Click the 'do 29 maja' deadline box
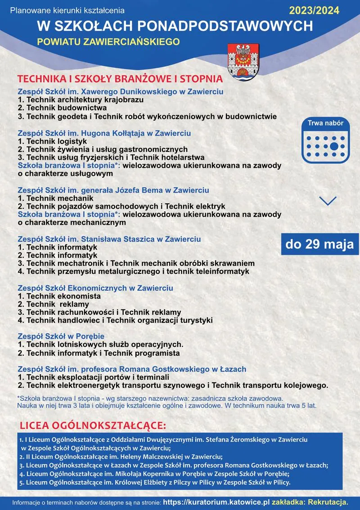point(319,244)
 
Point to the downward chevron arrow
point(328,201)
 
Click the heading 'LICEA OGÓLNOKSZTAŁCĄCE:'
point(93,425)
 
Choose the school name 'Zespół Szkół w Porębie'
point(61,336)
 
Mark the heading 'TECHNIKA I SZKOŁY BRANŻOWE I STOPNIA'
point(120,79)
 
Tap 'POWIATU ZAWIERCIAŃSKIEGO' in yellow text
point(108,42)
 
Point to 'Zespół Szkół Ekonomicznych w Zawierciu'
point(95,288)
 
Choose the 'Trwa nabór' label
point(325,123)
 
